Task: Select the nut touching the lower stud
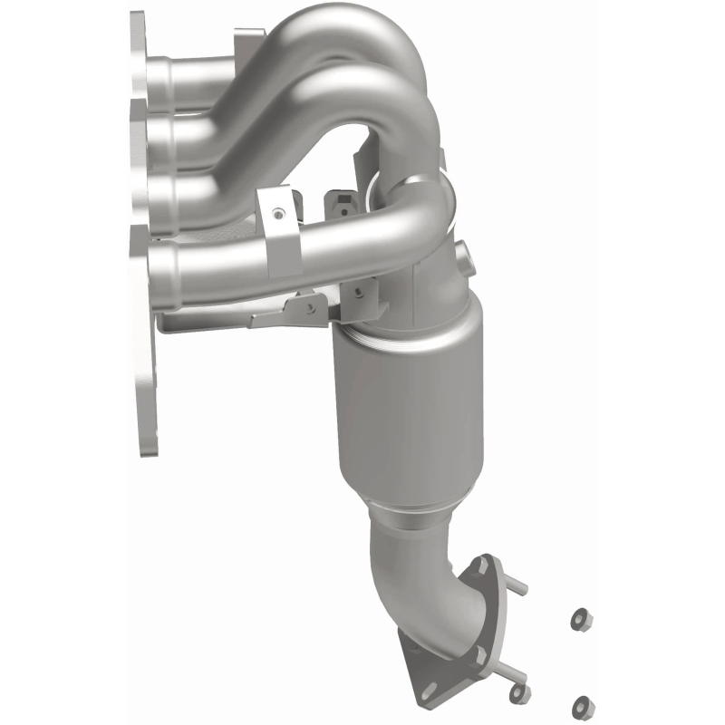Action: tap(519, 692)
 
